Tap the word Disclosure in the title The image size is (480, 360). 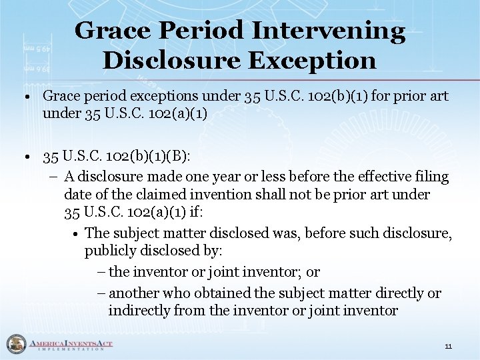[x=170, y=61]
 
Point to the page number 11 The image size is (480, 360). [x=448, y=346]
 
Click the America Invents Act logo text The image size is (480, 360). [x=70, y=344]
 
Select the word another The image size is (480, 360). [x=133, y=293]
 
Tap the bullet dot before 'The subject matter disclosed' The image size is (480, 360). [x=77, y=233]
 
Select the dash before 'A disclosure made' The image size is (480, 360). [x=53, y=177]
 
